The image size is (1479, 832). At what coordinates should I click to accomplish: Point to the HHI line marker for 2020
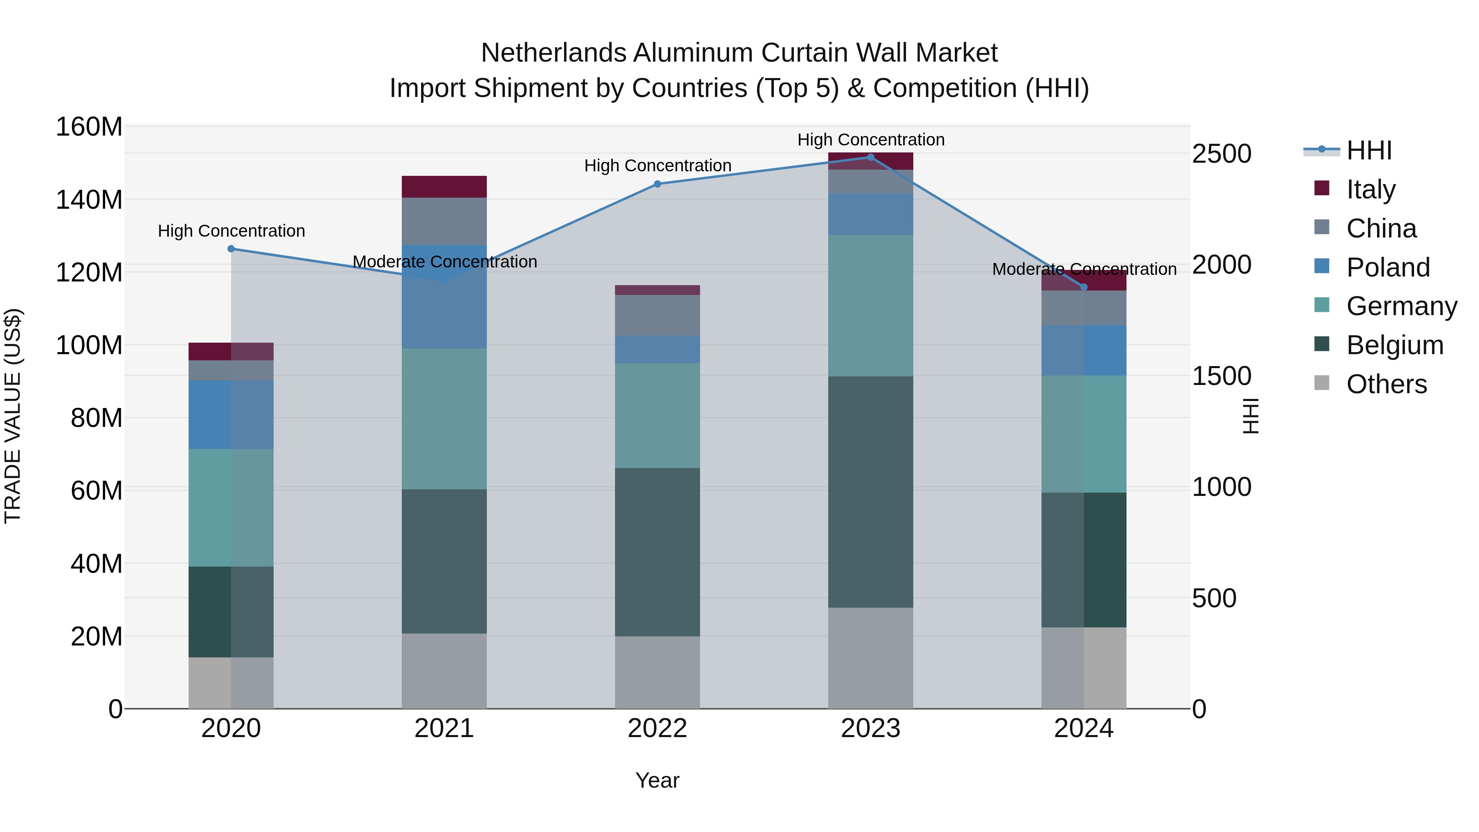coord(231,249)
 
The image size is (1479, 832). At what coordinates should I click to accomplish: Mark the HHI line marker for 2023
coord(871,157)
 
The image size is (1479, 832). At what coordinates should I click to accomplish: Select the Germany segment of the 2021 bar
coord(444,419)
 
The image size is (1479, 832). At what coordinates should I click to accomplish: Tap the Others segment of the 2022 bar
coord(657,672)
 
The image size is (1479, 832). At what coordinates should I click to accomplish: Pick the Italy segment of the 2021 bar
coord(444,187)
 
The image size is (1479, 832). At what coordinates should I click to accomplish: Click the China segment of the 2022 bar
coord(657,315)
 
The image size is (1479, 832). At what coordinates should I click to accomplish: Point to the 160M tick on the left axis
coord(89,127)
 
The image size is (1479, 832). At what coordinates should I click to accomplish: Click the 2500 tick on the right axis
coord(1222,154)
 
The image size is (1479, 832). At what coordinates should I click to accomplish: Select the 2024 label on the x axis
coord(1083,728)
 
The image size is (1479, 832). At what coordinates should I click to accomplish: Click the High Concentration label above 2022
coord(657,165)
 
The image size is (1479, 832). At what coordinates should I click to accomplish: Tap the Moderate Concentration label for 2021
coord(445,262)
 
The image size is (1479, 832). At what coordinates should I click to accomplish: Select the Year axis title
coord(657,780)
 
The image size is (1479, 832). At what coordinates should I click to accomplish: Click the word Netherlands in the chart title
coord(554,53)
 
